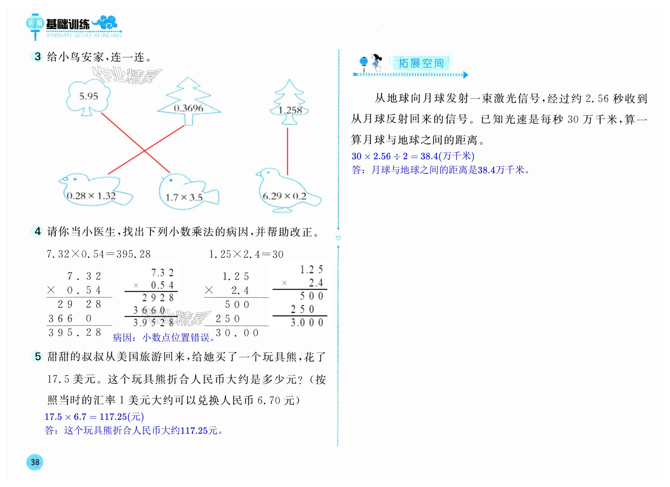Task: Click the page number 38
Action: coord(35,462)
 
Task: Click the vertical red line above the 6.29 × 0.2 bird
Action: coord(287,151)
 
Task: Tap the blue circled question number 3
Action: coord(38,56)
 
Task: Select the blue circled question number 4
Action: coord(38,231)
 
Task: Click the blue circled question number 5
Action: coord(38,356)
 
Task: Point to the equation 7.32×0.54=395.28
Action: coord(99,254)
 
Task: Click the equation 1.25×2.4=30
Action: coord(246,254)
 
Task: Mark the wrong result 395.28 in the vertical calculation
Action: coord(75,332)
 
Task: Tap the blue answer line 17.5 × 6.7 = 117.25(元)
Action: coord(94,417)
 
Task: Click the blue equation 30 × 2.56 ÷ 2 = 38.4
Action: coord(412,156)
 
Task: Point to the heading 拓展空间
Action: coord(421,63)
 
